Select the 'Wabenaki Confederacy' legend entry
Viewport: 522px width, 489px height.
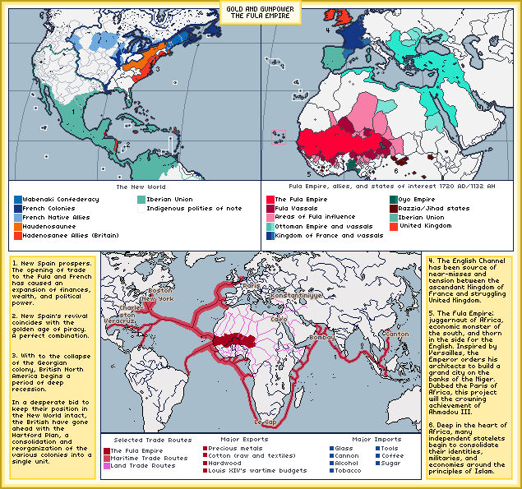coord(61,199)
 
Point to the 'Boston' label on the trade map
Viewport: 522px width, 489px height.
coord(160,290)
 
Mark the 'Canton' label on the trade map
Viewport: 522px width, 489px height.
coord(397,334)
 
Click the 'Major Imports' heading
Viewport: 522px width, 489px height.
coord(353,439)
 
